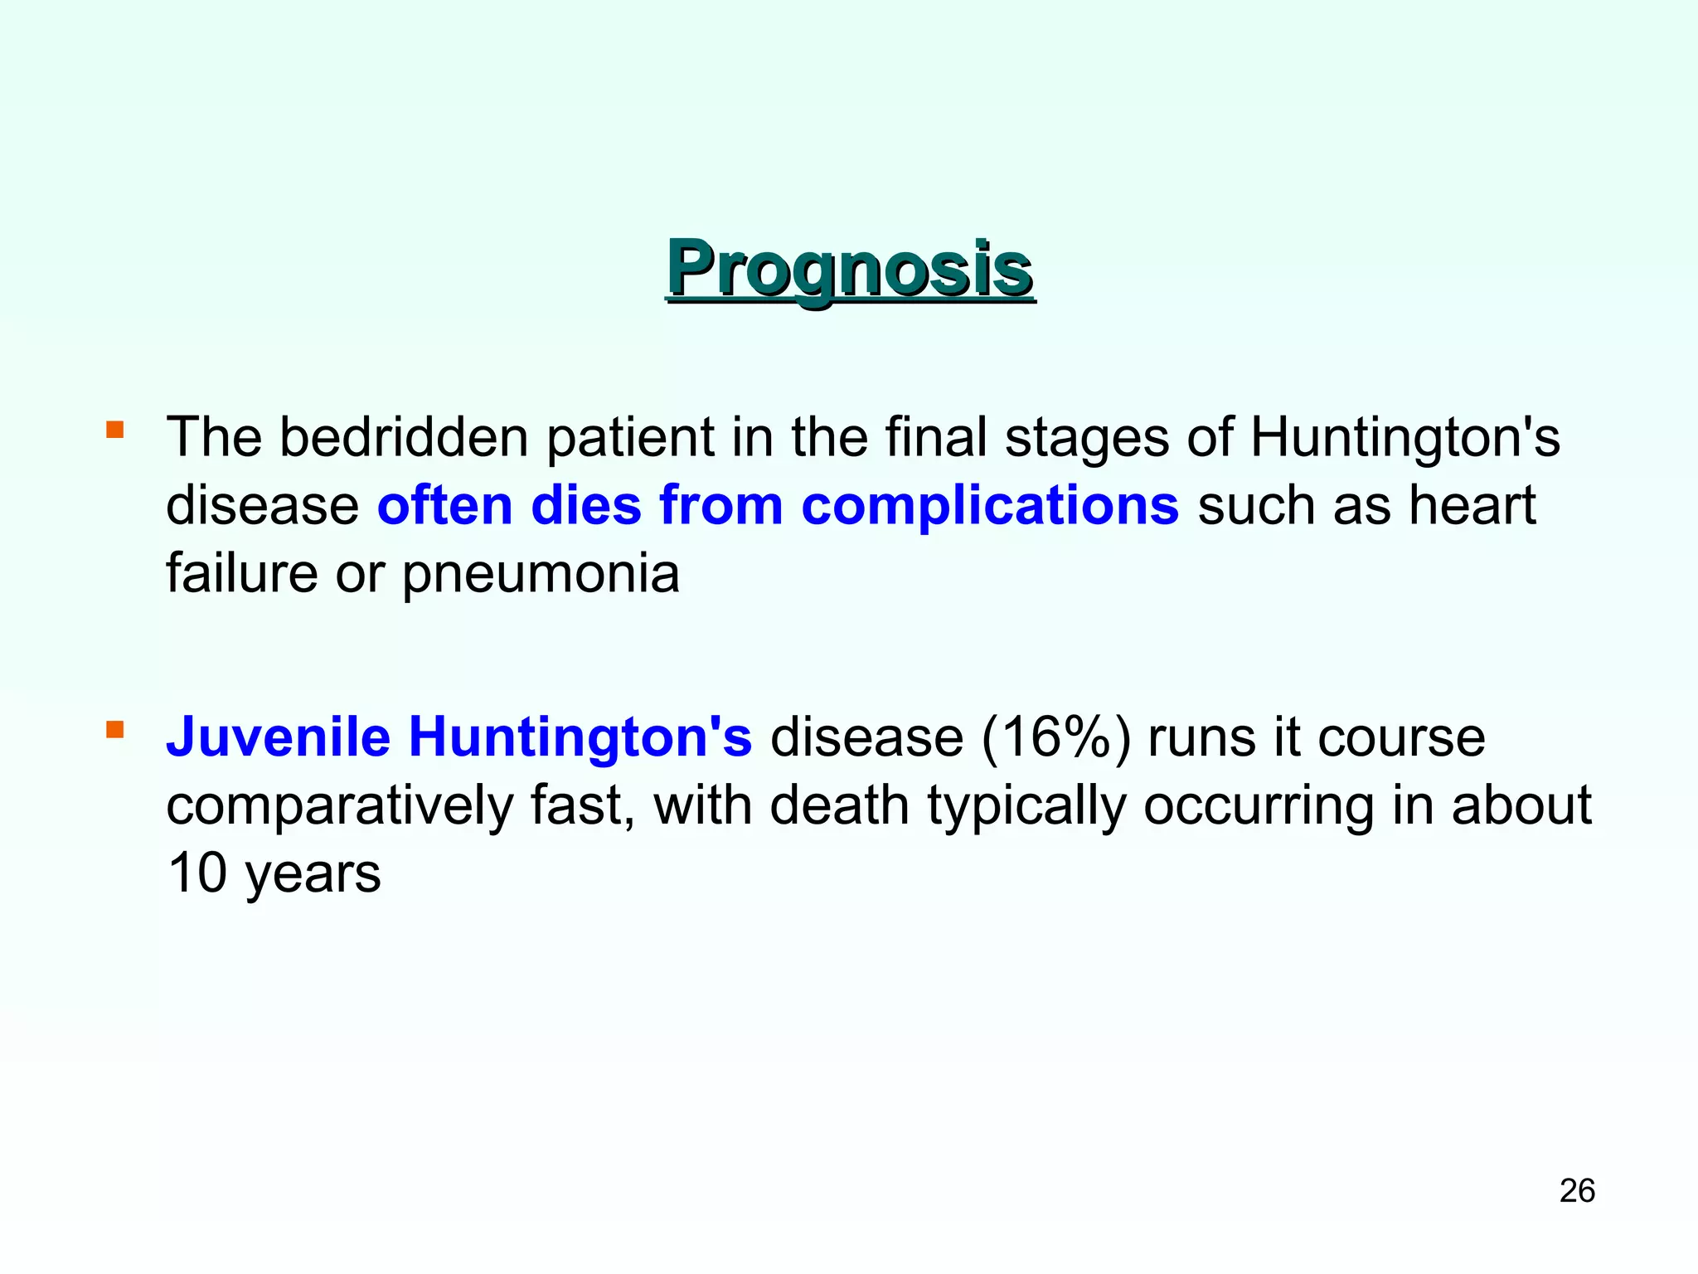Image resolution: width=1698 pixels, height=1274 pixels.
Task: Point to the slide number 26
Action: pos(1577,1191)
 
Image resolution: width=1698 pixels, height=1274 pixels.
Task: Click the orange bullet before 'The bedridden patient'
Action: pos(115,430)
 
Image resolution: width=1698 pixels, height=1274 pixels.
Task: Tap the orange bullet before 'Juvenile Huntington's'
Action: pos(115,730)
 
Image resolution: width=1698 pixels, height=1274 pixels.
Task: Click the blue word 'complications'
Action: pos(990,506)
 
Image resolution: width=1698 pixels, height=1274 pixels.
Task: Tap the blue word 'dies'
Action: pos(586,505)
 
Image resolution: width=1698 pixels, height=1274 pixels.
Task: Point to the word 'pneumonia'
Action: pos(541,575)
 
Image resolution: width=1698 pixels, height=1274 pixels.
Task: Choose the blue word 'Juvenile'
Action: pos(278,737)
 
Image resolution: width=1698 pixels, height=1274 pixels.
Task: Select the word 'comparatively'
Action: pos(339,807)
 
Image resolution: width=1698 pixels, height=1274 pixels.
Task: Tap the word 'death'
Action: pos(839,805)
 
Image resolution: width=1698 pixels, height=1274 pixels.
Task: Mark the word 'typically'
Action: pos(1026,807)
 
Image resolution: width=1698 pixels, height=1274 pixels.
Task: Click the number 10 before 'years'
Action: pos(196,873)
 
